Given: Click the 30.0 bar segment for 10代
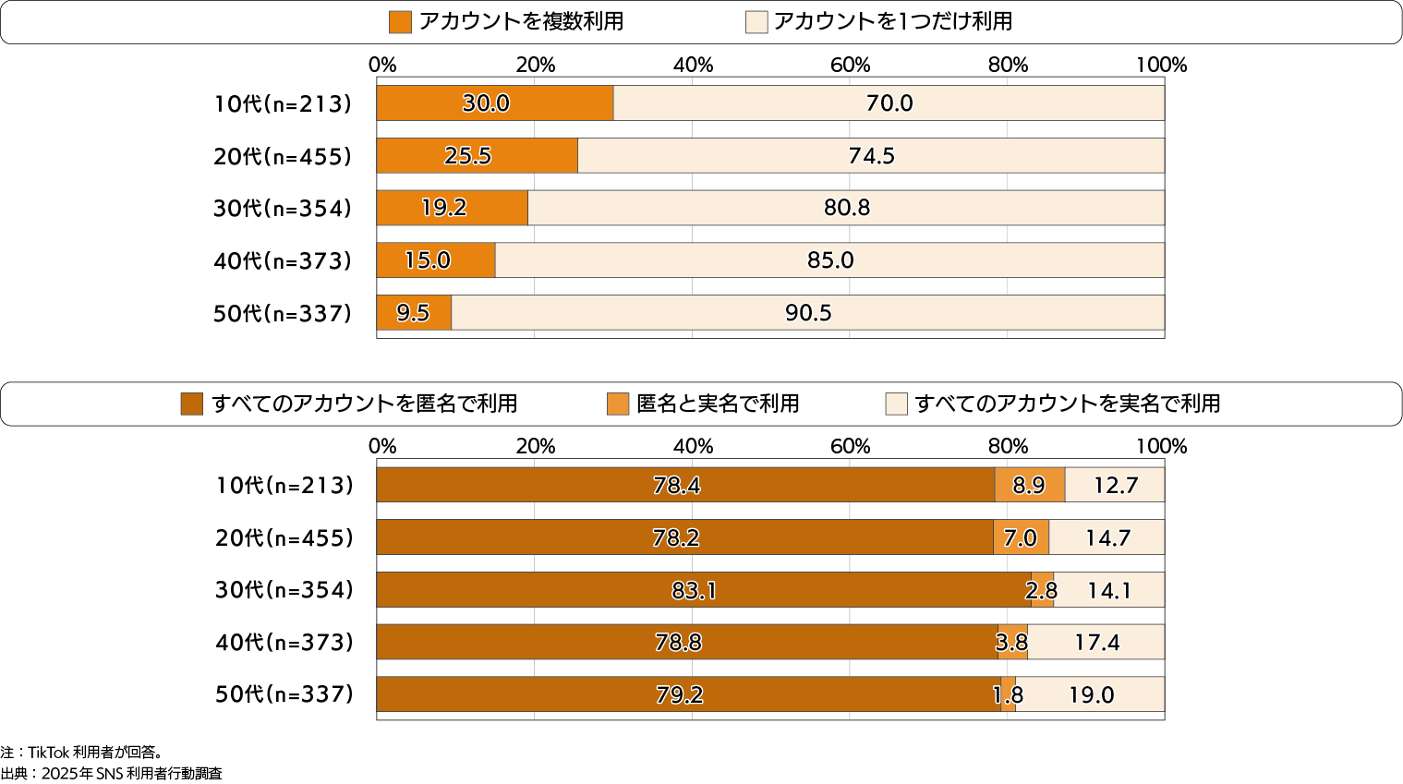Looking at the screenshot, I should pyautogui.click(x=495, y=103).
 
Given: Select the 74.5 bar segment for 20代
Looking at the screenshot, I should pyautogui.click(x=871, y=156).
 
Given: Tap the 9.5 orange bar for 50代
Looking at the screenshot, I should pyautogui.click(x=414, y=313).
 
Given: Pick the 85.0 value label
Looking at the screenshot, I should pyautogui.click(x=830, y=260).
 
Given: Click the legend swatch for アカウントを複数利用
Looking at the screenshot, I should pyautogui.click(x=400, y=22).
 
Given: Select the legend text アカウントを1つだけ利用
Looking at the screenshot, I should pyautogui.click(x=892, y=21).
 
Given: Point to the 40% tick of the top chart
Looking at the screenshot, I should pyautogui.click(x=693, y=65).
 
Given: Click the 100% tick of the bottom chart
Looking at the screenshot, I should pyautogui.click(x=1161, y=446).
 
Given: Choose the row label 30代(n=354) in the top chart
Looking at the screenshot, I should pyautogui.click(x=283, y=209).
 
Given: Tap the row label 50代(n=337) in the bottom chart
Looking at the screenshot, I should pyautogui.click(x=284, y=694).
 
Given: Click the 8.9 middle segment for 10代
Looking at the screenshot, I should pyautogui.click(x=1029, y=485).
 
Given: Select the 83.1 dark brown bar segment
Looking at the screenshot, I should pyautogui.click(x=694, y=590).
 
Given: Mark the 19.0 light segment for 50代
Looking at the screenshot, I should pyautogui.click(x=1091, y=694).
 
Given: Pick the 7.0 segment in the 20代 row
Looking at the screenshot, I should pyautogui.click(x=1021, y=537).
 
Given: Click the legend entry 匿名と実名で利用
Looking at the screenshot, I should pyautogui.click(x=718, y=404).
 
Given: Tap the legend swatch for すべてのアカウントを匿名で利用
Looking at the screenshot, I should pyautogui.click(x=192, y=404).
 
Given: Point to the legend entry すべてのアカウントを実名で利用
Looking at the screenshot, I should pyautogui.click(x=1068, y=404).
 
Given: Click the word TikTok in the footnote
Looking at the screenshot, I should pyautogui.click(x=49, y=753).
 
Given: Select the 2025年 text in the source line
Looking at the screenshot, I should pyautogui.click(x=67, y=774).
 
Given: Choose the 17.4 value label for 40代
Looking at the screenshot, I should pyautogui.click(x=1096, y=643).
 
